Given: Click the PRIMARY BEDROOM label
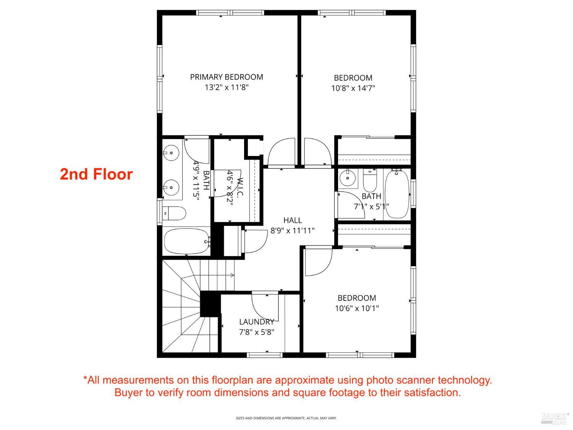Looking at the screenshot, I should pyautogui.click(x=227, y=77).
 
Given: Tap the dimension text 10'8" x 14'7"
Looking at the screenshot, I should pyautogui.click(x=353, y=88).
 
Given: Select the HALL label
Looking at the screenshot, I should pyautogui.click(x=293, y=220).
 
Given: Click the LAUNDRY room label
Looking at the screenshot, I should pyautogui.click(x=256, y=322).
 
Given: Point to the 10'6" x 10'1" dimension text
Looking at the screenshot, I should pyautogui.click(x=357, y=308).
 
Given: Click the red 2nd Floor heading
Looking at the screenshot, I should pyautogui.click(x=96, y=174).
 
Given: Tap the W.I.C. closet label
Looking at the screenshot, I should pyautogui.click(x=240, y=188).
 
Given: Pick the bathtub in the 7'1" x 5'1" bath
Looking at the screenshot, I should pyautogui.click(x=397, y=194).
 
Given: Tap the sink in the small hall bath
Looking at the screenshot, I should pyautogui.click(x=348, y=178).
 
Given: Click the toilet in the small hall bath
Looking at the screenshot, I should pyautogui.click(x=370, y=182).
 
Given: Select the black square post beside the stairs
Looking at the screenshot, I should pyautogui.click(x=210, y=304).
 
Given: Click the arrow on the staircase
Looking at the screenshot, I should pyautogui.click(x=231, y=275).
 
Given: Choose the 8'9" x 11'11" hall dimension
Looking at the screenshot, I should pyautogui.click(x=293, y=230).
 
